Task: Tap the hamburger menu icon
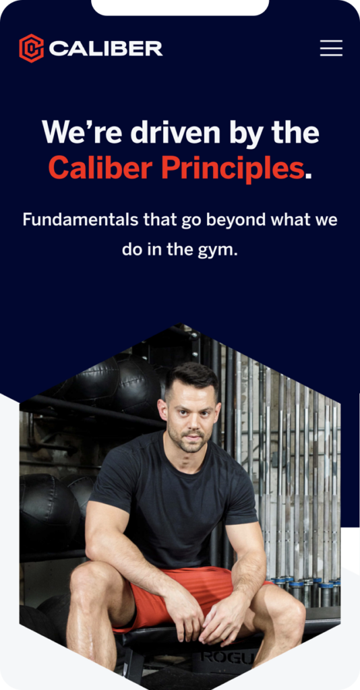click(x=331, y=48)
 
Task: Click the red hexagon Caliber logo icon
click(x=31, y=49)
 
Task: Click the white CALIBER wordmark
click(x=106, y=49)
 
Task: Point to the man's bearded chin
click(x=193, y=446)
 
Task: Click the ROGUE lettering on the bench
click(x=227, y=658)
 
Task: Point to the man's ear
click(x=163, y=412)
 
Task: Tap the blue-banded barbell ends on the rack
click(x=303, y=586)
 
